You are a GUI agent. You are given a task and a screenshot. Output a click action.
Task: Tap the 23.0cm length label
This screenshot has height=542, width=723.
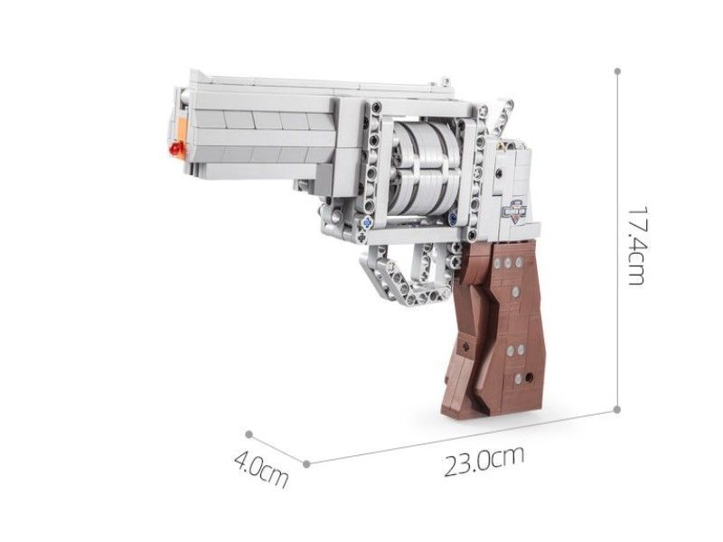pos(484,460)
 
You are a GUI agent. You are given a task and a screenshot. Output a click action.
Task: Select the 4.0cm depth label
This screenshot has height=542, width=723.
pos(261,470)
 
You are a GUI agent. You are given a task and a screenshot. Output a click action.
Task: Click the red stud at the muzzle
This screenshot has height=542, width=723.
pos(175,149)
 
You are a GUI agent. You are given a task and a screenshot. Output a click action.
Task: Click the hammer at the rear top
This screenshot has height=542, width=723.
pos(501,117)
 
